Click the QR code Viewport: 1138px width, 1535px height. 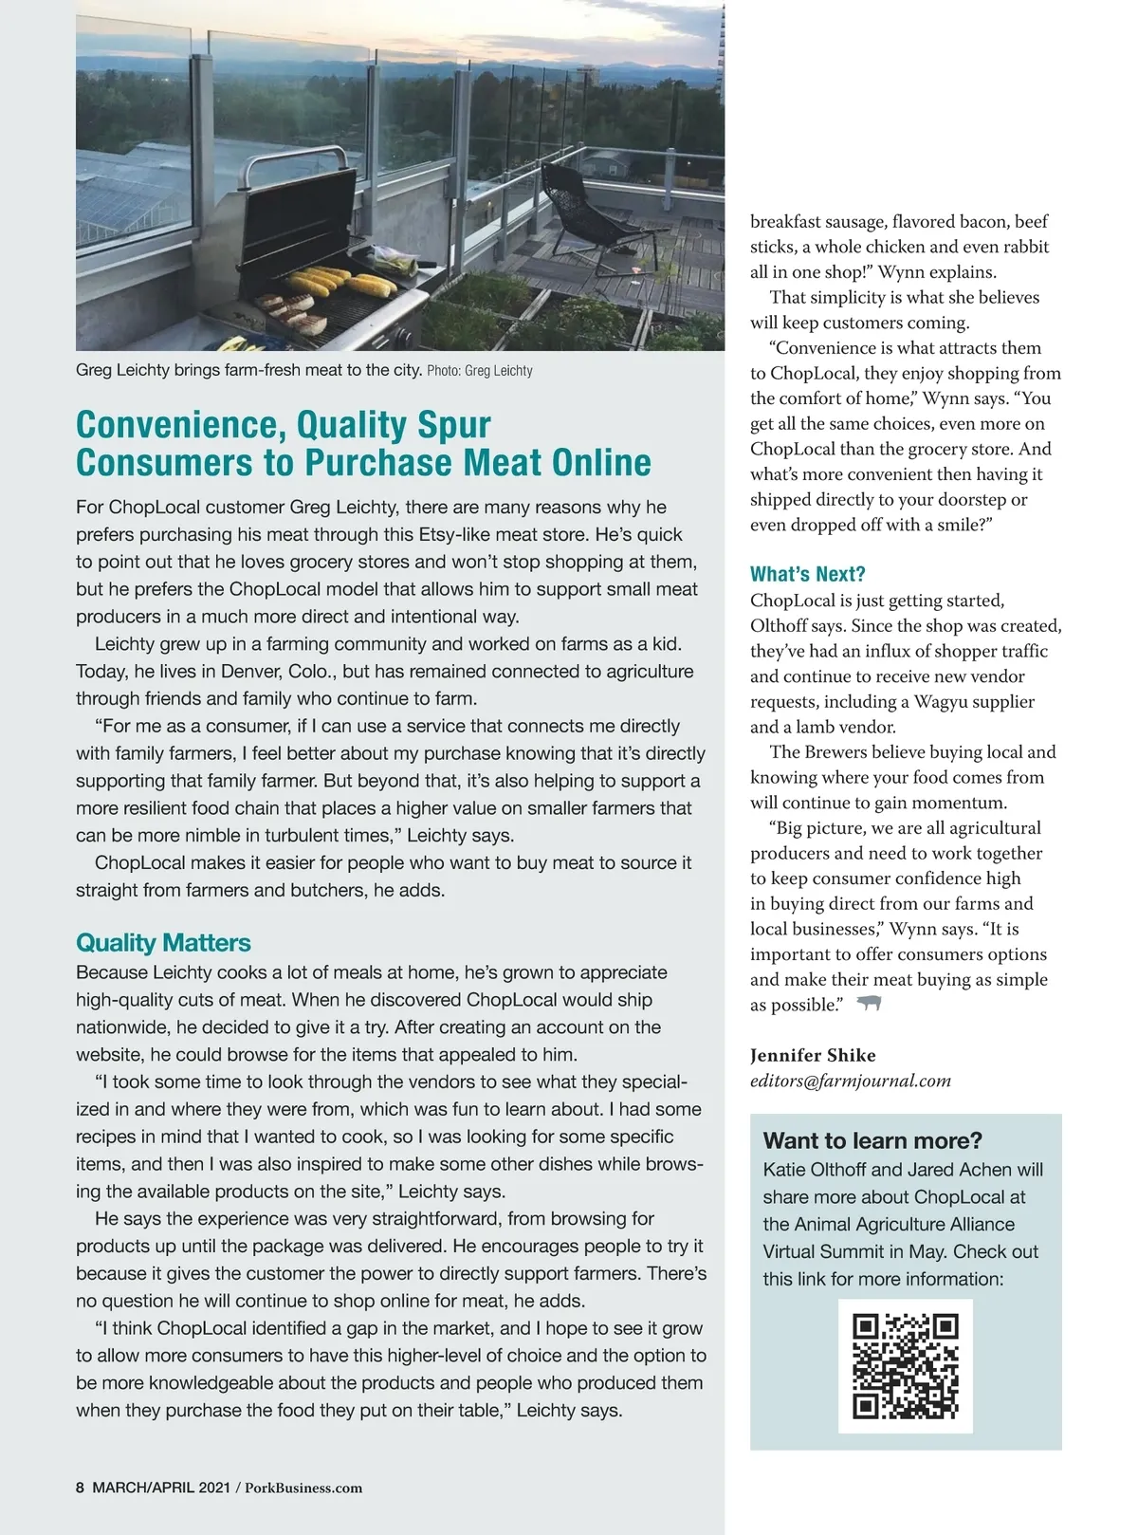tap(906, 1365)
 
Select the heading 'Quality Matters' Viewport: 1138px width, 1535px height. tap(163, 943)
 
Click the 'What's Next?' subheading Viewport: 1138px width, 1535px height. tap(807, 574)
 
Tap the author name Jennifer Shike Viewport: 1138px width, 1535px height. tap(813, 1055)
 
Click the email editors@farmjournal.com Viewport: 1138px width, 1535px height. tap(850, 1081)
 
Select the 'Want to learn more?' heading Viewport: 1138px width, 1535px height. tap(872, 1140)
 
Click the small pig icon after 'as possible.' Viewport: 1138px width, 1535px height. tap(869, 1003)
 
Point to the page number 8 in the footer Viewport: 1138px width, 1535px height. tap(81, 1488)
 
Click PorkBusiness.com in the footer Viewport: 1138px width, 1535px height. tap(303, 1488)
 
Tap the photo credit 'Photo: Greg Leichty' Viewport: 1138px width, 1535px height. tap(480, 371)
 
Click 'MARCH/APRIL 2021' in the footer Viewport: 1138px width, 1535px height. tap(160, 1488)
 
